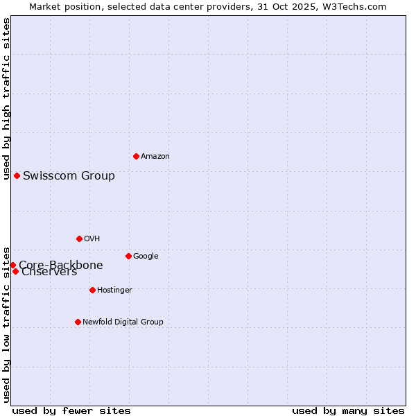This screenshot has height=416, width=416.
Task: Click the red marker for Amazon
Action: (136, 156)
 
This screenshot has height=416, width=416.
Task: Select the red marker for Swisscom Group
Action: (17, 175)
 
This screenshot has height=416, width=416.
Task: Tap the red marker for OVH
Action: (79, 239)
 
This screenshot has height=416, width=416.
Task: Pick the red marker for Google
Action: (128, 256)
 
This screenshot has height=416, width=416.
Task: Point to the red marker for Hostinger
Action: (92, 290)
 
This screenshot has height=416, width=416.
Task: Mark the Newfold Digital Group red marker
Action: (78, 322)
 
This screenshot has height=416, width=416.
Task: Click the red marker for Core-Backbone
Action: (12, 265)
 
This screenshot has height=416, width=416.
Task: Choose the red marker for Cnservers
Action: (15, 271)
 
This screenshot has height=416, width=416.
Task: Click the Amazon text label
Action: (155, 156)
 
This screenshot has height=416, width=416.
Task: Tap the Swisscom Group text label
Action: (69, 175)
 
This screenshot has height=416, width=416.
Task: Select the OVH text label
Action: (92, 239)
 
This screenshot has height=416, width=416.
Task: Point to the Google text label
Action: (146, 256)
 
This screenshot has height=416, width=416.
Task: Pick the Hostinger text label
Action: (114, 290)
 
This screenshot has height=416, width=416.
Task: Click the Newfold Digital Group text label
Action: (123, 322)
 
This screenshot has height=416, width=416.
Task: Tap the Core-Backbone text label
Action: (61, 265)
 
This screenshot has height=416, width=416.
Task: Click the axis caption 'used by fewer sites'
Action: (71, 410)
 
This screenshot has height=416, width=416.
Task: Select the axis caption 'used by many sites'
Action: (348, 410)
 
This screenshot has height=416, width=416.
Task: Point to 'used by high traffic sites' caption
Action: (6, 98)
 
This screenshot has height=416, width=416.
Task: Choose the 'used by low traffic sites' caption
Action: (6, 324)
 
